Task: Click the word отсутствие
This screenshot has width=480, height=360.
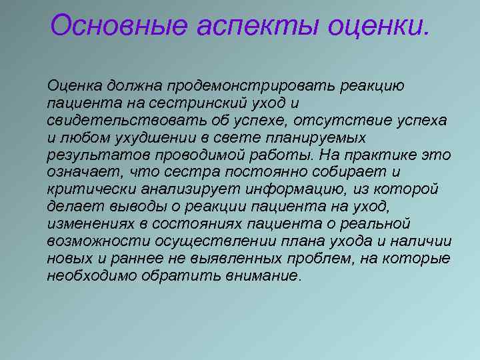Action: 327,121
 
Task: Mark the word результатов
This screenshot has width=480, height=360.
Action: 91,155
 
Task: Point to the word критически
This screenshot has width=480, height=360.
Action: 87,190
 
